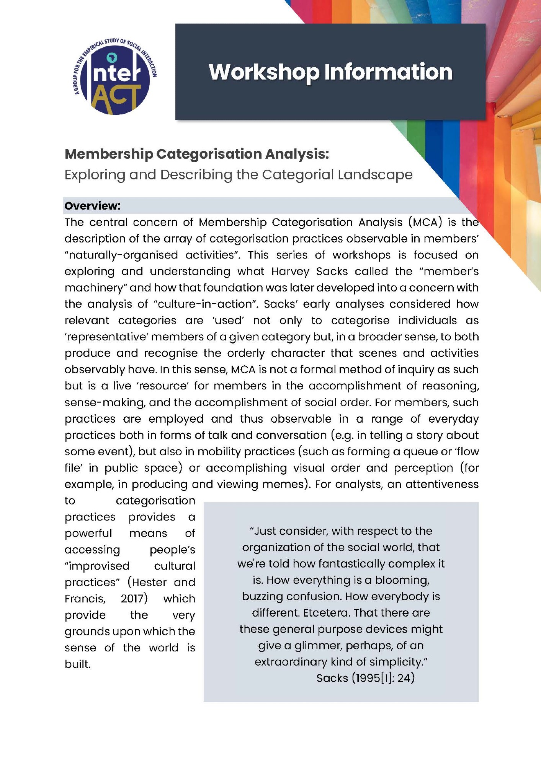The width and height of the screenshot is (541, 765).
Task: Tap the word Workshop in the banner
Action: (x=264, y=72)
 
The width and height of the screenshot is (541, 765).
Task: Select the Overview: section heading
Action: (x=92, y=206)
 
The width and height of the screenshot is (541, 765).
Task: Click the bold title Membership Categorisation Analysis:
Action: (x=197, y=154)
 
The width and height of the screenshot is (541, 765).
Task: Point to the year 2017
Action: (x=134, y=599)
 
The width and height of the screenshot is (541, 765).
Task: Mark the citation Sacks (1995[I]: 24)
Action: (x=365, y=678)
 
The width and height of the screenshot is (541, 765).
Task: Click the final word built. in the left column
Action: (x=78, y=664)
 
